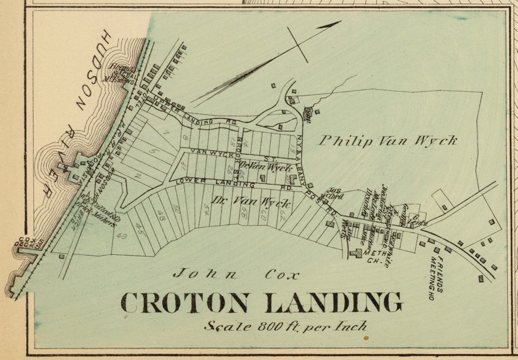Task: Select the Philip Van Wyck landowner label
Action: (x=387, y=140)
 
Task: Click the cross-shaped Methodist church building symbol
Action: (x=356, y=253)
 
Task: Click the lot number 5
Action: (x=151, y=151)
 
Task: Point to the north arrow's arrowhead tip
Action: (x=340, y=21)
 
